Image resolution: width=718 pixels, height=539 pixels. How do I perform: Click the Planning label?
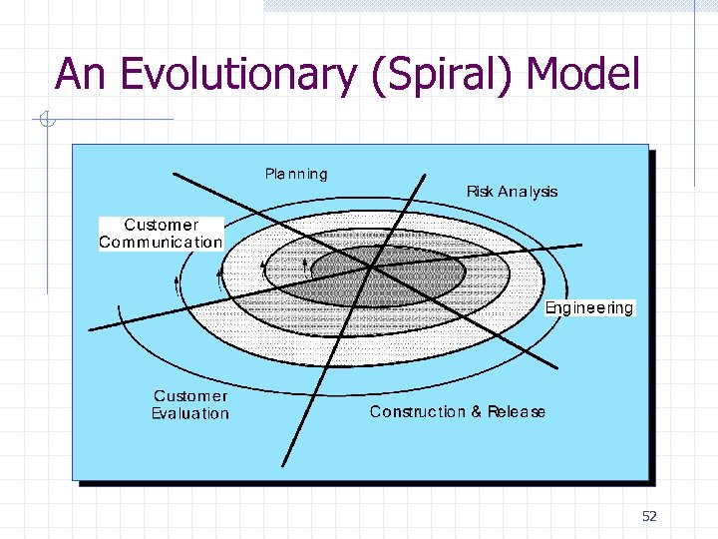(x=296, y=174)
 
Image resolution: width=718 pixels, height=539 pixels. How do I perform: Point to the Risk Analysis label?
(x=512, y=192)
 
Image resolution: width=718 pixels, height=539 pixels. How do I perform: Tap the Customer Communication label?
(x=161, y=234)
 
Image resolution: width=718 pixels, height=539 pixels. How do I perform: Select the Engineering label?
(x=589, y=307)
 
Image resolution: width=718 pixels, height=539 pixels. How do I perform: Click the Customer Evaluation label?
(x=190, y=405)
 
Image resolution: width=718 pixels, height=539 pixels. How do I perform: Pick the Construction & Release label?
(x=458, y=411)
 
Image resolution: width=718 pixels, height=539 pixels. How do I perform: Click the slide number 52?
(x=650, y=516)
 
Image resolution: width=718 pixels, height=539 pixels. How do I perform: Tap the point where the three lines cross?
(x=371, y=267)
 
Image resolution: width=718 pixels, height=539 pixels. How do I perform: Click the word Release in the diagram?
(x=517, y=411)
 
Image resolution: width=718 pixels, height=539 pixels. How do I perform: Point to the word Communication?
(x=161, y=242)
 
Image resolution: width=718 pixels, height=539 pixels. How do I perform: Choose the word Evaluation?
(x=190, y=413)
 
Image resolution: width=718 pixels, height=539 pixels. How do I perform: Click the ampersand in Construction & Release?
(x=477, y=411)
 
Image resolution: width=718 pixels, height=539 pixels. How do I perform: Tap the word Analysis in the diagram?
(x=528, y=192)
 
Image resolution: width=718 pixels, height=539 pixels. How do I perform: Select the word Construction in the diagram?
(x=418, y=411)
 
